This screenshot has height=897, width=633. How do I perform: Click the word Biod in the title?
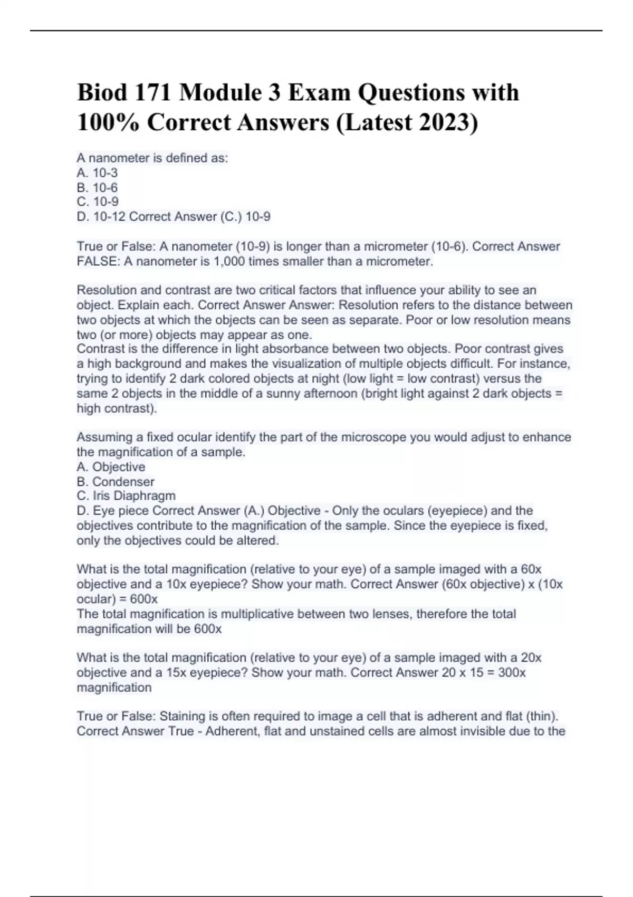[102, 93]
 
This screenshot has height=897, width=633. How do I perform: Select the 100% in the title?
[109, 122]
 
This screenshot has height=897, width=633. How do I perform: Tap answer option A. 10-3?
[97, 173]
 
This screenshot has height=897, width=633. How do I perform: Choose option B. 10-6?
[97, 188]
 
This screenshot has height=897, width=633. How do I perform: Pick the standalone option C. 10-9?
[98, 202]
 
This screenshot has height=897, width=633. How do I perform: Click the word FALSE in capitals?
[98, 262]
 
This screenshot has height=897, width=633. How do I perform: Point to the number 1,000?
[229, 262]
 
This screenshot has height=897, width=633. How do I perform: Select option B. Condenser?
[116, 482]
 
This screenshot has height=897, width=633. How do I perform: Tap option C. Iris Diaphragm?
[126, 496]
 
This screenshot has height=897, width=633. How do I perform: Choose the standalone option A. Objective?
[111, 467]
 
